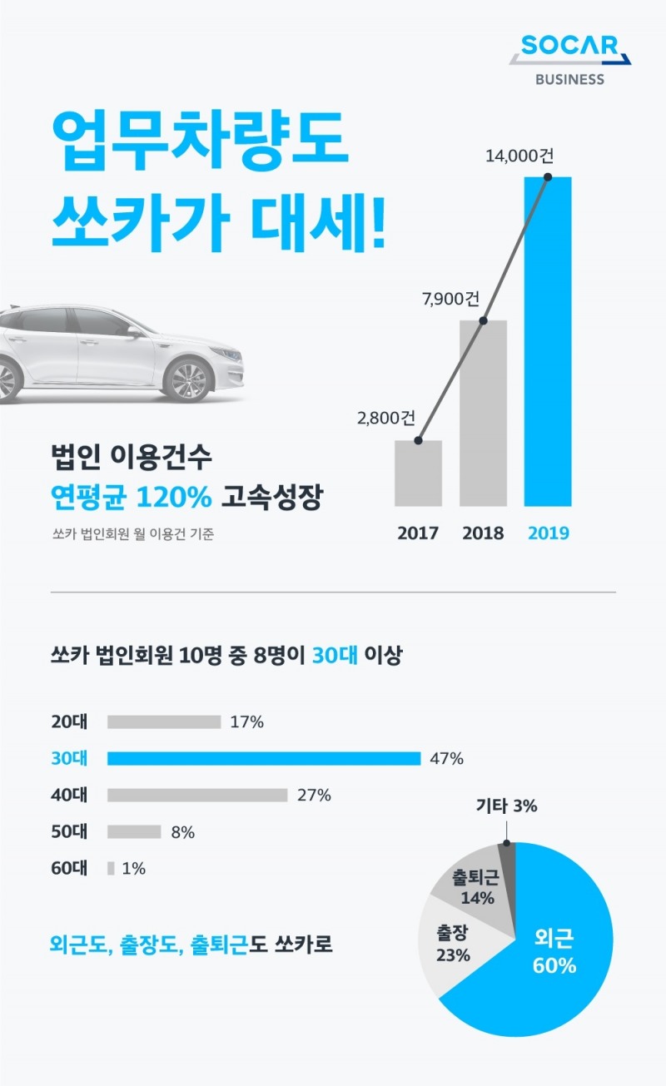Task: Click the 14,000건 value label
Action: pyautogui.click(x=524, y=156)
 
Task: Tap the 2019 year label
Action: pyautogui.click(x=548, y=533)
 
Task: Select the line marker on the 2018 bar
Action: pyautogui.click(x=484, y=320)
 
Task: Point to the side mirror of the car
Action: pyautogui.click(x=132, y=332)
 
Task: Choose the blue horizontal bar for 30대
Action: pyautogui.click(x=264, y=758)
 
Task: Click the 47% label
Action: pyautogui.click(x=446, y=759)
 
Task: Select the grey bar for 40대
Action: pyautogui.click(x=197, y=795)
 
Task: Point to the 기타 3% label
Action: pyautogui.click(x=507, y=806)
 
